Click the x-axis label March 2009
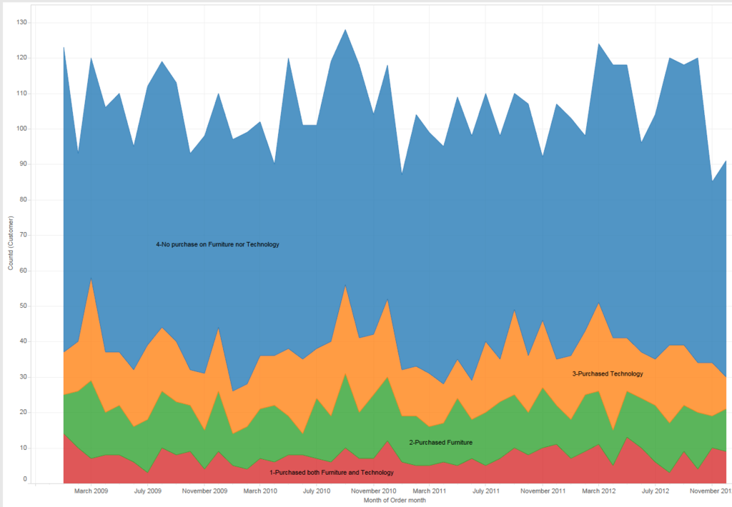(x=91, y=491)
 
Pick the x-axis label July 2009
(x=147, y=491)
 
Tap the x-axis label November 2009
(x=204, y=491)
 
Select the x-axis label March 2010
(x=260, y=491)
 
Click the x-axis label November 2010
(x=373, y=491)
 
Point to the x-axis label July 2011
(x=485, y=491)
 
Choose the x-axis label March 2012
(x=598, y=491)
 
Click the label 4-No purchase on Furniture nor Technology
(x=217, y=244)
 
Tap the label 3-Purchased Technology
(x=608, y=373)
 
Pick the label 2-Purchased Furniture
(x=440, y=443)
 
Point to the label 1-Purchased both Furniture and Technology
(x=332, y=473)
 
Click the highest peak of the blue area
(x=345, y=30)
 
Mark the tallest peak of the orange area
(x=91, y=278)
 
